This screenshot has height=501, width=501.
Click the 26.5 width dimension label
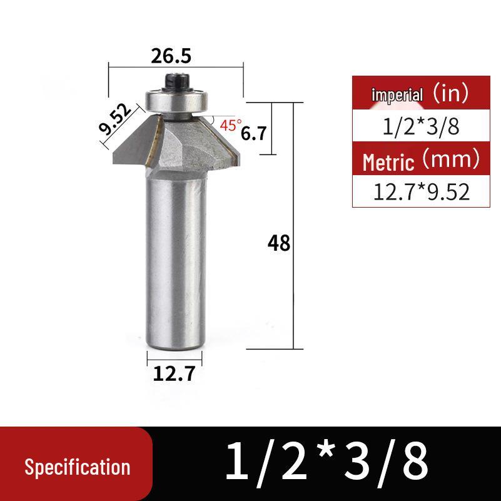pos(171,56)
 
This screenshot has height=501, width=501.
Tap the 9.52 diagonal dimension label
pos(115,119)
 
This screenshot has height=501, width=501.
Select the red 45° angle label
pos(231,125)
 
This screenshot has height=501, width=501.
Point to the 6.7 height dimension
pos(253,133)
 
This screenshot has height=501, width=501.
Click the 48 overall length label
pos(278,243)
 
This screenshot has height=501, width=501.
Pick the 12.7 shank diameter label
pos(174,373)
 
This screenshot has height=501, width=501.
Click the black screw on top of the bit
pos(176,83)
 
